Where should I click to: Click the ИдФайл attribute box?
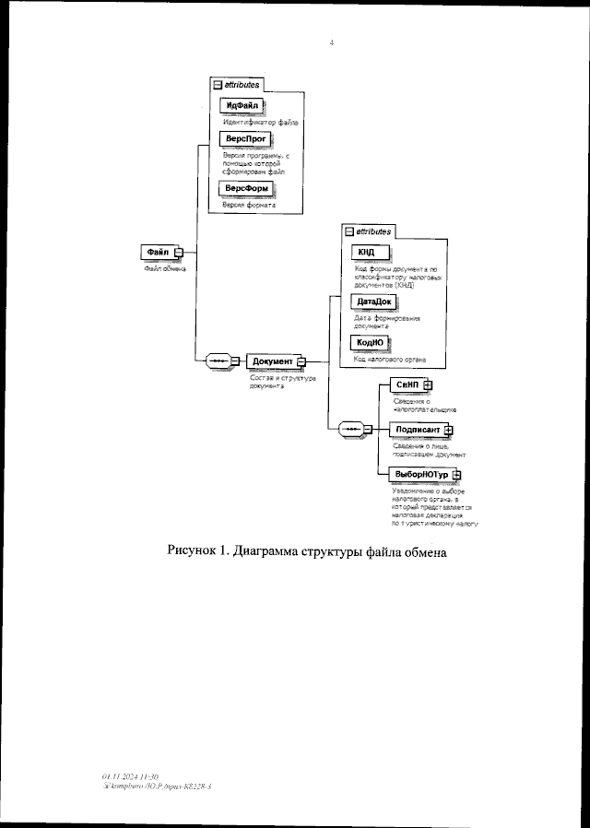tap(242, 105)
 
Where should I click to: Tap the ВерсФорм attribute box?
tap(245, 187)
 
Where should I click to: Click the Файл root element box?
tap(158, 252)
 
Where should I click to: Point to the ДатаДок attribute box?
tap(372, 302)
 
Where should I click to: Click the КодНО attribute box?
tap(371, 342)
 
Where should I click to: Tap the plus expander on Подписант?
tap(448, 430)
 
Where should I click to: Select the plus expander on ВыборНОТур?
tap(456, 474)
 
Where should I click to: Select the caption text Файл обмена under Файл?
tap(164, 268)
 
